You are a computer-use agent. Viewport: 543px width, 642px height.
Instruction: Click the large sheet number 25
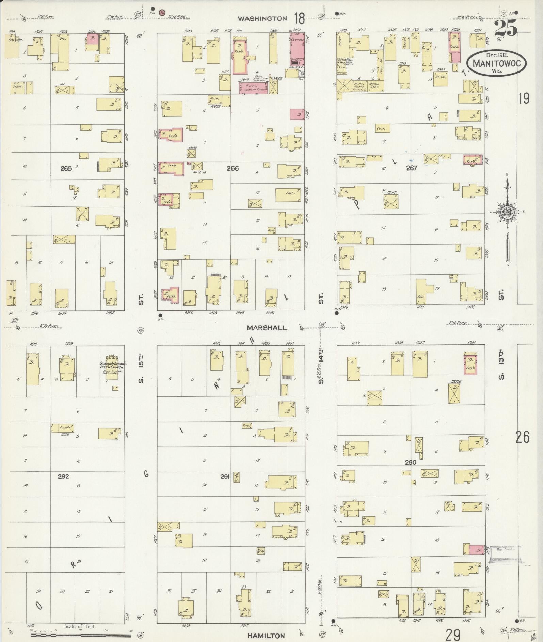(x=506, y=28)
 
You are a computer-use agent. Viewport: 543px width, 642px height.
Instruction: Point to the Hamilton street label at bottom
(x=266, y=635)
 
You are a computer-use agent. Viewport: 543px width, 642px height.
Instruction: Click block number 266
(x=233, y=168)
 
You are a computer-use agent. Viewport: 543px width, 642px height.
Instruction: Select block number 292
(x=63, y=476)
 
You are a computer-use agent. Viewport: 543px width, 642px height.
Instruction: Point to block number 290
(x=411, y=462)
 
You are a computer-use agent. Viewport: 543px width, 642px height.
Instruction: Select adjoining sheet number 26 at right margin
(x=522, y=437)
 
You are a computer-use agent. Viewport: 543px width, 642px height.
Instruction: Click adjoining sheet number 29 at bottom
(x=453, y=634)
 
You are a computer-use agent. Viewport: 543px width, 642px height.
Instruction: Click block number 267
(x=412, y=168)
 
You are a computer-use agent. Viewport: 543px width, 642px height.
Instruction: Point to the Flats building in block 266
(x=288, y=195)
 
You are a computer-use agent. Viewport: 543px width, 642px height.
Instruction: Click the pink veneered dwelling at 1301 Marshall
(x=470, y=364)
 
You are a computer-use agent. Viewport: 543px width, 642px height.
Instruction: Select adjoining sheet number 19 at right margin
(x=524, y=99)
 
